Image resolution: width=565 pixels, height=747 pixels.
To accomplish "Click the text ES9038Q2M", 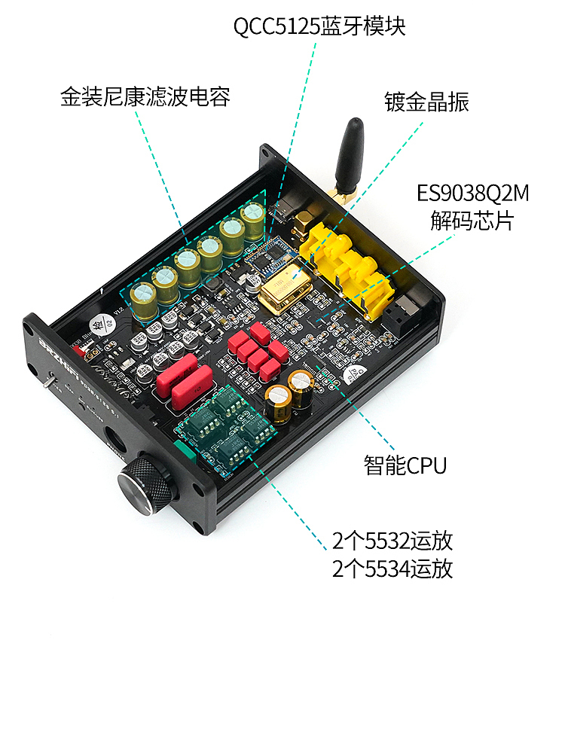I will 473,194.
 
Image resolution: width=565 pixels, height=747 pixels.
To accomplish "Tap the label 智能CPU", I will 405,465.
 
